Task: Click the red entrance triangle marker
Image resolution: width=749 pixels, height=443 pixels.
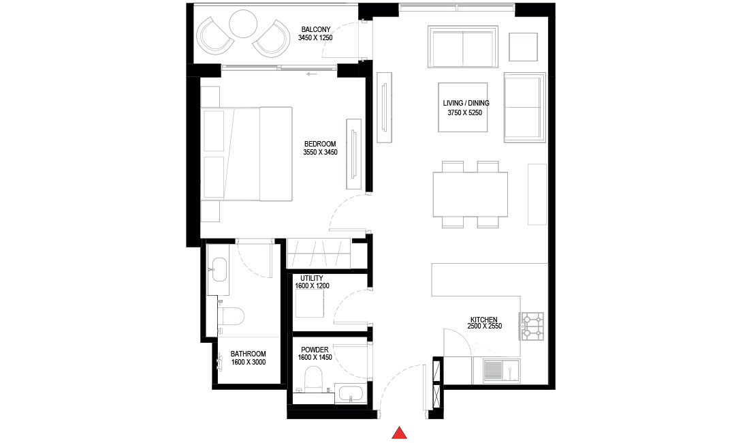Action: click(x=400, y=432)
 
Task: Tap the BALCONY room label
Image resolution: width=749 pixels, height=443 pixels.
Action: click(x=315, y=29)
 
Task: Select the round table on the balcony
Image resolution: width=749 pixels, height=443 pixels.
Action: click(x=242, y=25)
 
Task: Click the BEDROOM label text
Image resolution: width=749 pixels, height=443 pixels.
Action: click(x=320, y=144)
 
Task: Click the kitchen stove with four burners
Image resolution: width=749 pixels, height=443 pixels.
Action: click(x=532, y=326)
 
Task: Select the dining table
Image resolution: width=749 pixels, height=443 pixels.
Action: click(x=471, y=194)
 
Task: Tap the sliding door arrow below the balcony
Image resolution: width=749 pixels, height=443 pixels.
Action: click(x=313, y=74)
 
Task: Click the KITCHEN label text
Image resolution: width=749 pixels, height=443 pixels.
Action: click(x=483, y=320)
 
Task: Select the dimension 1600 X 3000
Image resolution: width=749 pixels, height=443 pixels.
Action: click(x=248, y=363)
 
